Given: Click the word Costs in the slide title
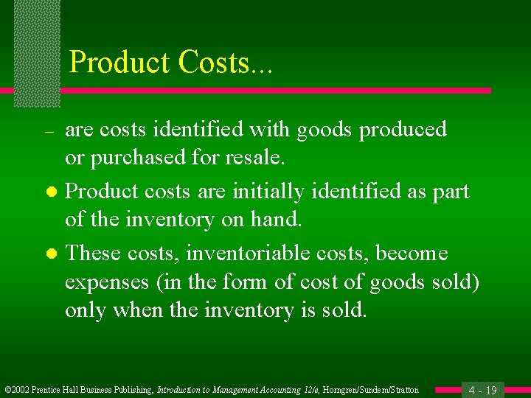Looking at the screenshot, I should coord(214,62).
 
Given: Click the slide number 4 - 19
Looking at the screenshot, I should coord(482,390).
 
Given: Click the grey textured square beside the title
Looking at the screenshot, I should coord(37,53).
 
